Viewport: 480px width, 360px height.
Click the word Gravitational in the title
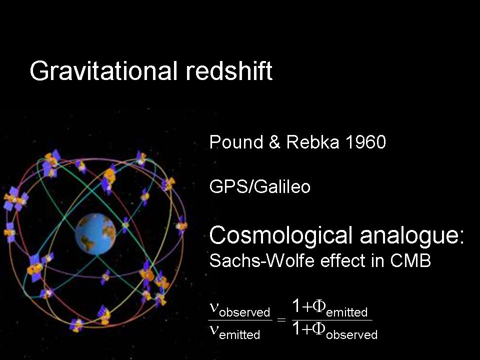point(103,71)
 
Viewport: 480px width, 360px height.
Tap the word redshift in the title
point(229,70)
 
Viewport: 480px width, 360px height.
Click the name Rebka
point(312,142)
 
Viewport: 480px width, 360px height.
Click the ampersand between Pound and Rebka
point(275,142)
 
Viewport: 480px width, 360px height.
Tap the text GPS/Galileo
point(260,186)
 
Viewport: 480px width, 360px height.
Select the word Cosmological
point(280,235)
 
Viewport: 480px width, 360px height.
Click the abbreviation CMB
point(410,260)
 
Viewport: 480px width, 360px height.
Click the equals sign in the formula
point(281,320)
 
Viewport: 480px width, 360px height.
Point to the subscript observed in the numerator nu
point(244,312)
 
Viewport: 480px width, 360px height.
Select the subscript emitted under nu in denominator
point(239,334)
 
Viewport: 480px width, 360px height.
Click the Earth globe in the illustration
point(95,234)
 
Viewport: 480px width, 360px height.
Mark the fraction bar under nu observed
point(240,320)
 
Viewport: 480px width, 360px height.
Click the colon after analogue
point(461,237)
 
